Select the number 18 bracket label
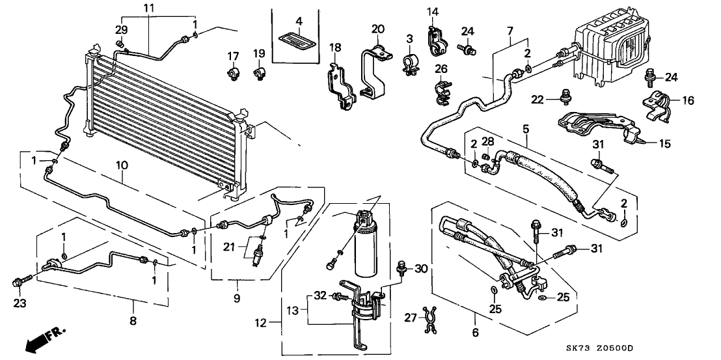point(335,48)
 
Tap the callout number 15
point(664,143)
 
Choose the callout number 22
point(536,98)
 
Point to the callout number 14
point(433,11)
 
